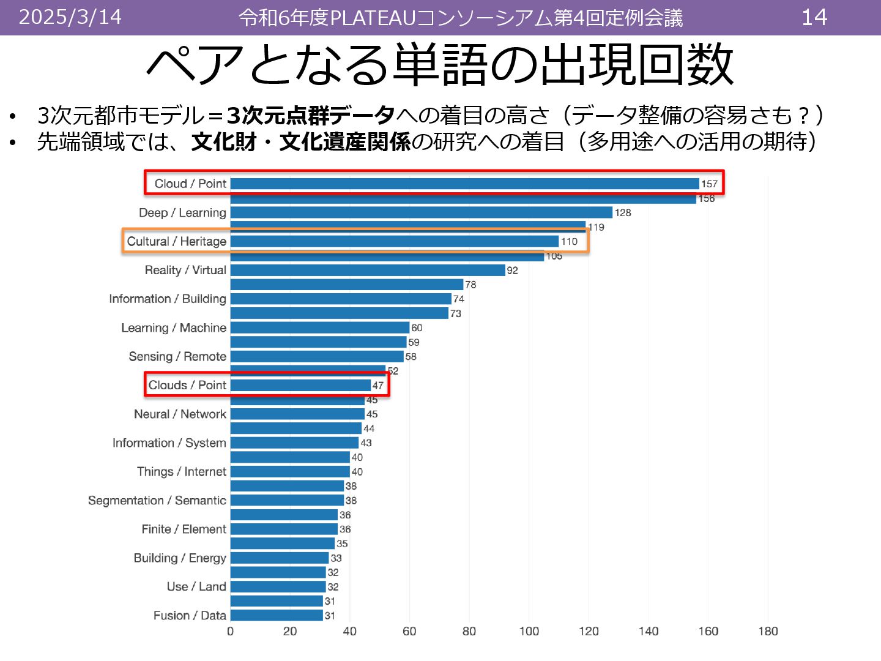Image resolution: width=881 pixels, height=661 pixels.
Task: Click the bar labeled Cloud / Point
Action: pyautogui.click(x=464, y=184)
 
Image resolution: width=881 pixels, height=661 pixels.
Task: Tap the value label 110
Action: pyautogui.click(x=569, y=241)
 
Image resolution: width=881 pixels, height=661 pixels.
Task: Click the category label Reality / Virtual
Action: pyautogui.click(x=185, y=270)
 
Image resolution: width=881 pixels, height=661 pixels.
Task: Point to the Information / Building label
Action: pyautogui.click(x=168, y=299)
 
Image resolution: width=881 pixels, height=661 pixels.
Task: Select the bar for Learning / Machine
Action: pyautogui.click(x=319, y=327)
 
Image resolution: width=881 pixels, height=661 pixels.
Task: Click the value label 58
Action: pyautogui.click(x=411, y=356)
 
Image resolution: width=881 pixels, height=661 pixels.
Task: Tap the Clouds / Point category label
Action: pyautogui.click(x=187, y=385)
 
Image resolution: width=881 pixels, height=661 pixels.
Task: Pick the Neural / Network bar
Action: pyautogui.click(x=297, y=414)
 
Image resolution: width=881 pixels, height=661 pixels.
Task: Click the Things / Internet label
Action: pyautogui.click(x=182, y=471)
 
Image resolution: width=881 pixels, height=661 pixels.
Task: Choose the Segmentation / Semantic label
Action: pyautogui.click(x=157, y=500)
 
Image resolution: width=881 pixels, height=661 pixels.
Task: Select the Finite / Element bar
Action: pyautogui.click(x=284, y=529)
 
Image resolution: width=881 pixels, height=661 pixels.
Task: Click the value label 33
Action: pyautogui.click(x=336, y=558)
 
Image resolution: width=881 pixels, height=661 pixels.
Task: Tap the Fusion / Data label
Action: pyautogui.click(x=190, y=615)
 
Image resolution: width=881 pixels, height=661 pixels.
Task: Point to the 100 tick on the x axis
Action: pyautogui.click(x=529, y=631)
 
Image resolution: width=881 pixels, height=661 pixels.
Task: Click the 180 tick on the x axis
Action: pyautogui.click(x=768, y=631)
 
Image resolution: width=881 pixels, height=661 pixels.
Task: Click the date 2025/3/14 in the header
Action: pyautogui.click(x=70, y=17)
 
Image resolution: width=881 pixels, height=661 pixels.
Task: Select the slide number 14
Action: pyautogui.click(x=814, y=17)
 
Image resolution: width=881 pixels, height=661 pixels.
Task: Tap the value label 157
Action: pyautogui.click(x=709, y=184)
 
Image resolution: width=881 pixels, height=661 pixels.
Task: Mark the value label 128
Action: pyautogui.click(x=623, y=212)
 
